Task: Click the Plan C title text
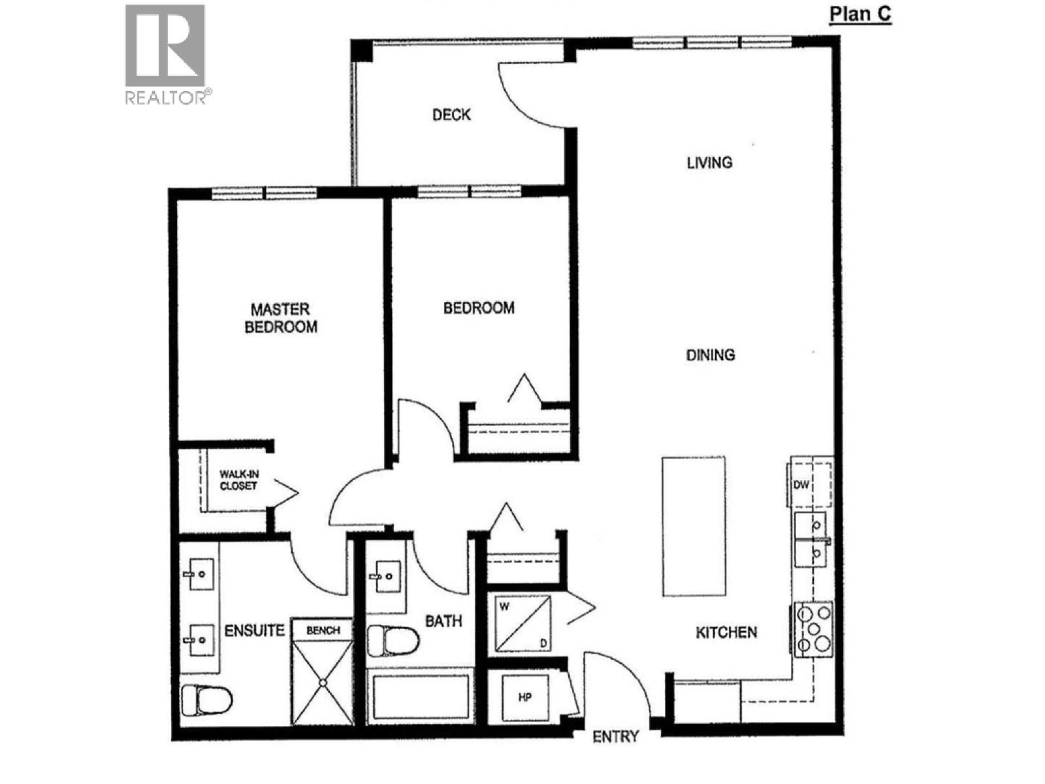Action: pyautogui.click(x=860, y=14)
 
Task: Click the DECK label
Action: pyautogui.click(x=451, y=115)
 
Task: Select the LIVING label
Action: pyautogui.click(x=709, y=162)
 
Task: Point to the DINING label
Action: pyautogui.click(x=711, y=355)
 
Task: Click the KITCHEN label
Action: pyautogui.click(x=726, y=632)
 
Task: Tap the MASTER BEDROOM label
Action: pyautogui.click(x=281, y=318)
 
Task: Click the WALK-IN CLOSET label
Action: pyautogui.click(x=238, y=480)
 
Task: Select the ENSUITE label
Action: pyautogui.click(x=255, y=630)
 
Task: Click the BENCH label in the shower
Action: pyautogui.click(x=323, y=630)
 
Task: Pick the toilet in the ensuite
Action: pyautogui.click(x=206, y=700)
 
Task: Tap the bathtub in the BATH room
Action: pyautogui.click(x=421, y=696)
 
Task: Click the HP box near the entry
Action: pyautogui.click(x=525, y=697)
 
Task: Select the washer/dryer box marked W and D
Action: pyautogui.click(x=522, y=623)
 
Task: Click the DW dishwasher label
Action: pyautogui.click(x=801, y=485)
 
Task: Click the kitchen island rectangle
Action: pyautogui.click(x=694, y=526)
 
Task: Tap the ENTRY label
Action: pyautogui.click(x=615, y=737)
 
